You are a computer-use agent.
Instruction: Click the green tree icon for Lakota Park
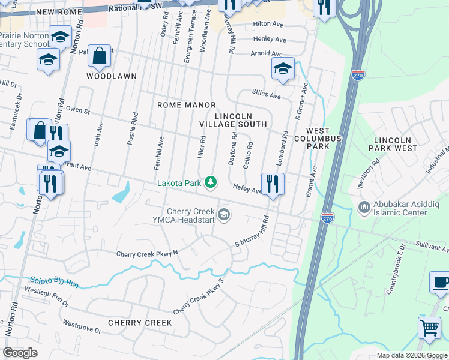(x=211, y=182)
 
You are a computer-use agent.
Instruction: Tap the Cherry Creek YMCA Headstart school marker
(x=224, y=214)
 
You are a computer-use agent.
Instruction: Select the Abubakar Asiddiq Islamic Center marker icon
(x=364, y=208)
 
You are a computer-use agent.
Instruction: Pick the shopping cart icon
(x=429, y=328)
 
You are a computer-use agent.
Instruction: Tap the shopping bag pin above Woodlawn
(x=99, y=56)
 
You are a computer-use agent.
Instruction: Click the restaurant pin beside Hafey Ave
(x=273, y=183)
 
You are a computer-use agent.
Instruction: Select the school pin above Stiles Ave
(x=282, y=68)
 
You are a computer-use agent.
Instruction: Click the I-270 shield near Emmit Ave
(x=327, y=217)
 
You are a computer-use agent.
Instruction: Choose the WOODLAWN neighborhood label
(x=112, y=76)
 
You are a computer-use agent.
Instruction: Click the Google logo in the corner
(x=20, y=353)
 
